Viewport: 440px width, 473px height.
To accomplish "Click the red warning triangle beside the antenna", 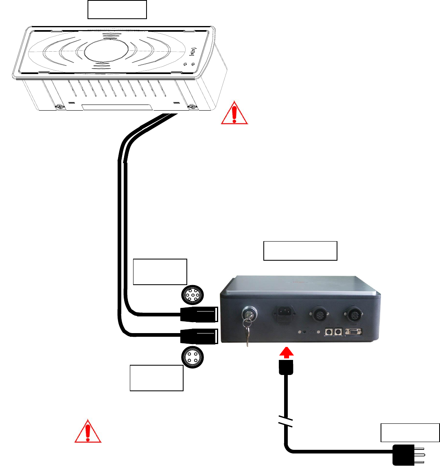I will coord(234,113).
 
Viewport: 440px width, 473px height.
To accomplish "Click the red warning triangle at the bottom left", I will coord(88,432).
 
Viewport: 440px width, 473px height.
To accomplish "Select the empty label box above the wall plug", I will coord(410,432).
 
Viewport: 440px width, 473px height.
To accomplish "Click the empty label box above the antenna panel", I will coord(117,10).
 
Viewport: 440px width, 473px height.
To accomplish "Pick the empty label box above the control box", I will coord(300,251).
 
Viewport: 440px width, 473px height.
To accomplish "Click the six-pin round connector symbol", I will coord(192,296).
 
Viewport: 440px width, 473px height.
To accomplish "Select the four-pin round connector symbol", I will coord(192,357).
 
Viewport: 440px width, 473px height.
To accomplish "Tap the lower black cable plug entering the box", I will coord(199,336).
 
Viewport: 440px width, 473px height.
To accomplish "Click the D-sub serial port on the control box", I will coord(353,332).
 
